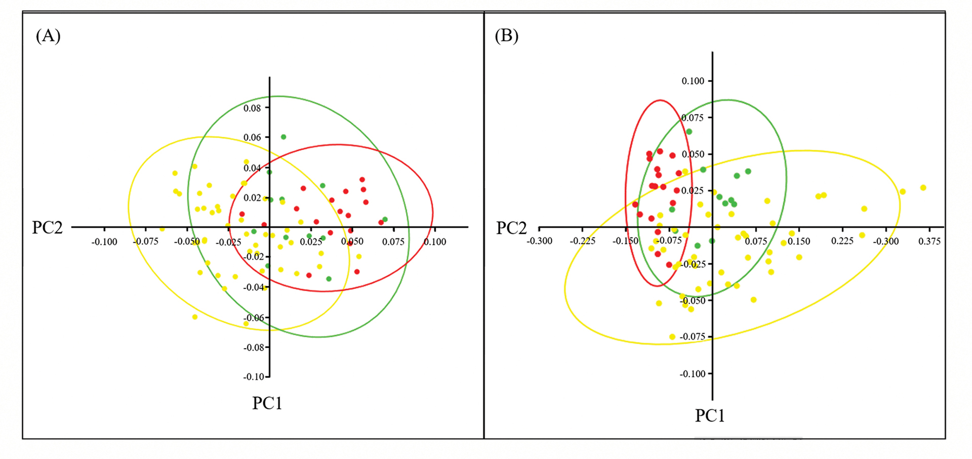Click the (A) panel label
point(48,36)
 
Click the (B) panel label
point(506,36)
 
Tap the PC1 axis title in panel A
point(267,403)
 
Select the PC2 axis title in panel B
point(511,228)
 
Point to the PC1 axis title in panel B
point(710,416)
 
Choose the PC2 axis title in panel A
point(47,228)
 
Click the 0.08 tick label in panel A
point(252,108)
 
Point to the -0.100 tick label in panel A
point(104,242)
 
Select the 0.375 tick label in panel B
point(929,241)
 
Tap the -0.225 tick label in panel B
point(582,241)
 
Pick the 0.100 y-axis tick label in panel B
point(693,81)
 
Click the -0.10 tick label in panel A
point(254,377)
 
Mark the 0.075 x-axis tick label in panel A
point(393,242)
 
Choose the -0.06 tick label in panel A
point(254,318)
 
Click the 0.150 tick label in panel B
point(799,241)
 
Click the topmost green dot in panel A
point(283,137)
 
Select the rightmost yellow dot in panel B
point(923,188)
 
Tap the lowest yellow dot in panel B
point(672,337)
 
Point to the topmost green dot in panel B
point(689,132)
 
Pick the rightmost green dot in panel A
point(385,220)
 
